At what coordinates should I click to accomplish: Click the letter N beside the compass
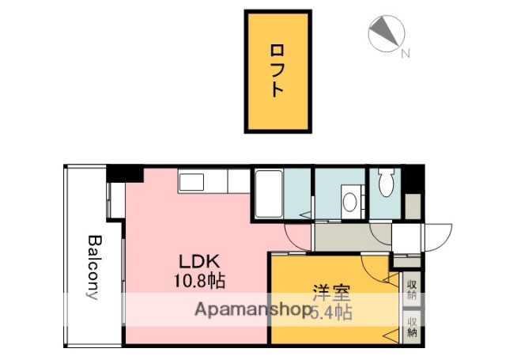(405, 54)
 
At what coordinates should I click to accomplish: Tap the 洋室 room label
(331, 291)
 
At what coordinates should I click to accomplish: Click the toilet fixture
(387, 184)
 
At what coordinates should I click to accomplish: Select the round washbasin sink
(349, 201)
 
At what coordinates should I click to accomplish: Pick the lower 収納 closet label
(412, 326)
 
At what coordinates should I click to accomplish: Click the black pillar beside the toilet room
(415, 180)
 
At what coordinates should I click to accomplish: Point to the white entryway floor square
(407, 237)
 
